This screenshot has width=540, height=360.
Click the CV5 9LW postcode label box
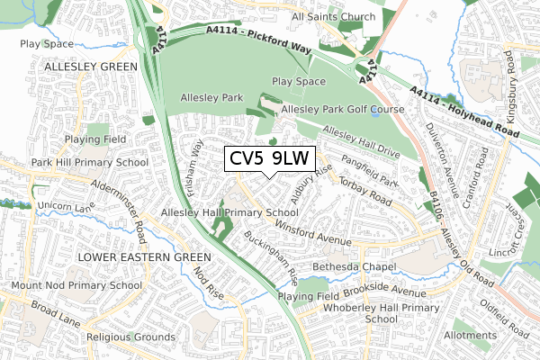coord(269,158)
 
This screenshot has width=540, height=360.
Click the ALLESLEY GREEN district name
coord(87,67)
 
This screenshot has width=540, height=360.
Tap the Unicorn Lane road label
coord(42,206)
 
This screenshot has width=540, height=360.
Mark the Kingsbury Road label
coord(519,81)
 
